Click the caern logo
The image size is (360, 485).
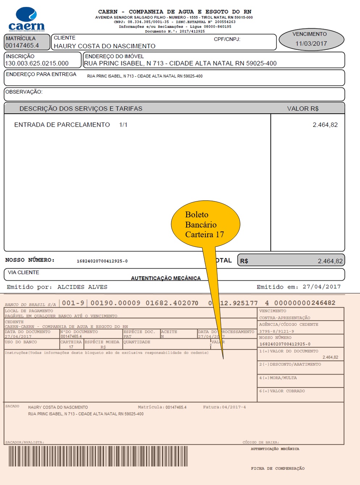point(26,20)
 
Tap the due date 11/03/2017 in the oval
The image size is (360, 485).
point(311,43)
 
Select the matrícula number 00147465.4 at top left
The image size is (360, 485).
point(22,46)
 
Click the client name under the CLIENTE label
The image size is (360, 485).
point(104,46)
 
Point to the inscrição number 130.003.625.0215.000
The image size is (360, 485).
point(37,63)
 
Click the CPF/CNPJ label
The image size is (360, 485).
point(227,39)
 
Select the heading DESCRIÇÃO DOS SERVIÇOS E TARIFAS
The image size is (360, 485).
point(81,109)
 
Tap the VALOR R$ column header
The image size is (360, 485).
point(303,109)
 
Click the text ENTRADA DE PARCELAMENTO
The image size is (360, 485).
point(62,125)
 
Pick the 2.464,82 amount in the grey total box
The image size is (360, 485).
point(330,261)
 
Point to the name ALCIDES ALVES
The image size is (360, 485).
point(82,287)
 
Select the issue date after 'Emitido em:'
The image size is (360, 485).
point(322,287)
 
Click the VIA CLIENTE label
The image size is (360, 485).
point(24,272)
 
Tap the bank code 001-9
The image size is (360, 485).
point(73,303)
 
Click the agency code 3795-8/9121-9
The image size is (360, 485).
point(277,331)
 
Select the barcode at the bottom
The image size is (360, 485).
point(98,456)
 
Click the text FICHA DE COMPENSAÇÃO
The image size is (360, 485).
point(278,468)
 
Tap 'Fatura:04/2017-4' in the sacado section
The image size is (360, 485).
point(224,407)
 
